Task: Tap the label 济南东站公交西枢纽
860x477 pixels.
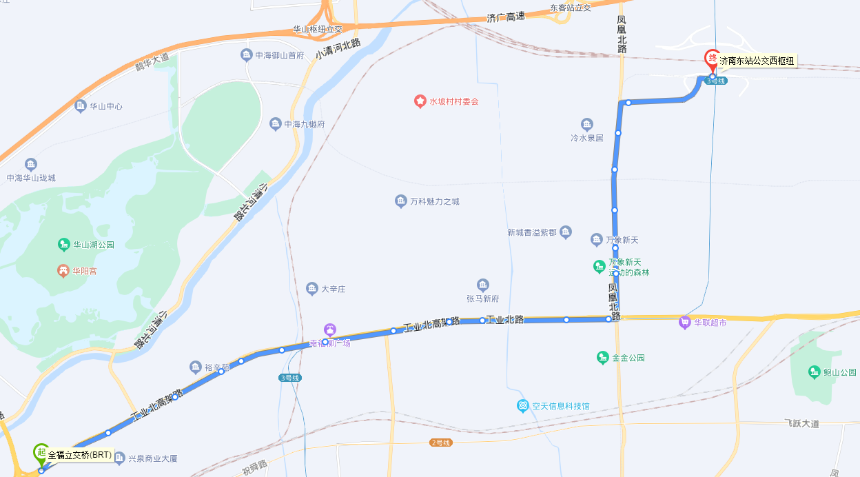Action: (x=757, y=61)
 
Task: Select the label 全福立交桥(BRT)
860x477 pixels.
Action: (x=80, y=455)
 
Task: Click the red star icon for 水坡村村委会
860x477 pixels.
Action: (x=420, y=101)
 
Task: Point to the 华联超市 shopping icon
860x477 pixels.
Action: (x=684, y=322)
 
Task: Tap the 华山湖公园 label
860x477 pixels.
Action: (x=94, y=245)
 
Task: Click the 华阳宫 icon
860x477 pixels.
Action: (x=63, y=271)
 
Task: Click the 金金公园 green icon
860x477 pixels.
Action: (x=602, y=358)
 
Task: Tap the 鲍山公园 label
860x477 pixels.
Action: (x=839, y=372)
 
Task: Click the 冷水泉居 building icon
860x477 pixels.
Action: (x=586, y=125)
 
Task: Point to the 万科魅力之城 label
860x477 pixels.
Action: (x=434, y=201)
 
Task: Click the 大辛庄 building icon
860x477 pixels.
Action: (x=311, y=288)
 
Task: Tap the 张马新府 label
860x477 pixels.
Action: (x=482, y=298)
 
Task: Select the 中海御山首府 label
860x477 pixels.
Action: (x=280, y=55)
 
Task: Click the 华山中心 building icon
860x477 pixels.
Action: (x=80, y=106)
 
